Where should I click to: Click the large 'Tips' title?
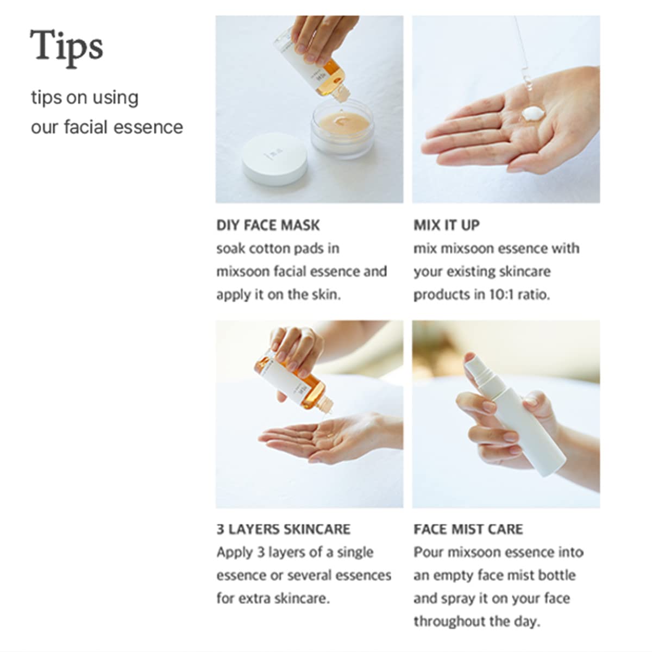click(x=66, y=46)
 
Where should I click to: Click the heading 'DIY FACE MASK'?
click(x=268, y=225)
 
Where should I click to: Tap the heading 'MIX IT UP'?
click(x=447, y=225)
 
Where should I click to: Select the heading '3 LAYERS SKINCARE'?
click(x=283, y=529)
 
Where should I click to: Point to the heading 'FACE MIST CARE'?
click(x=468, y=529)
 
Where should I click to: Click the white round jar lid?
click(x=274, y=159)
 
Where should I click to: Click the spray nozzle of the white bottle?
click(x=475, y=363)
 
